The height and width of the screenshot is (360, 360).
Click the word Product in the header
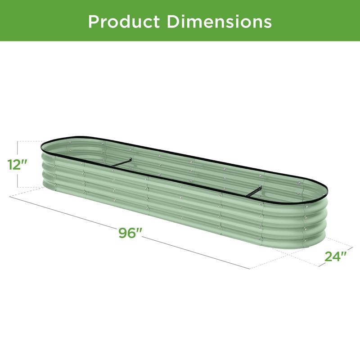tap(124, 22)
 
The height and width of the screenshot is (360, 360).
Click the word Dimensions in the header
tap(219, 22)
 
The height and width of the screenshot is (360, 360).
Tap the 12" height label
tap(17, 164)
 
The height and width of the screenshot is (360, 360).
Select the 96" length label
tap(129, 233)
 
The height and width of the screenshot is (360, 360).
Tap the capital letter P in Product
tap(94, 22)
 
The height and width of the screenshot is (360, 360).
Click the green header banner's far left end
tap(1, 20)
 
